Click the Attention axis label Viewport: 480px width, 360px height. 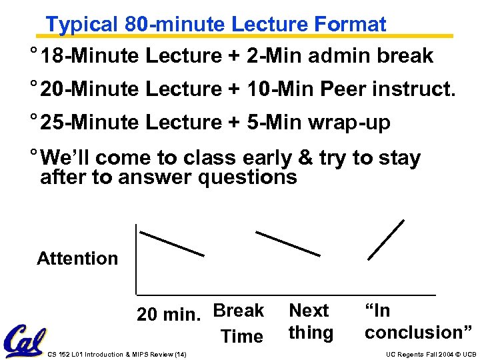pos(77,259)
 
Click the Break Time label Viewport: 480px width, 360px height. pos(239,323)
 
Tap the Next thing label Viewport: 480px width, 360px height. pos(310,321)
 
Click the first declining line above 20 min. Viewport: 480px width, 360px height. pos(171,243)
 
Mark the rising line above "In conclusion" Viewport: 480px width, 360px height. pos(386,239)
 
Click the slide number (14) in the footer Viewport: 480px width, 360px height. pos(179,354)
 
